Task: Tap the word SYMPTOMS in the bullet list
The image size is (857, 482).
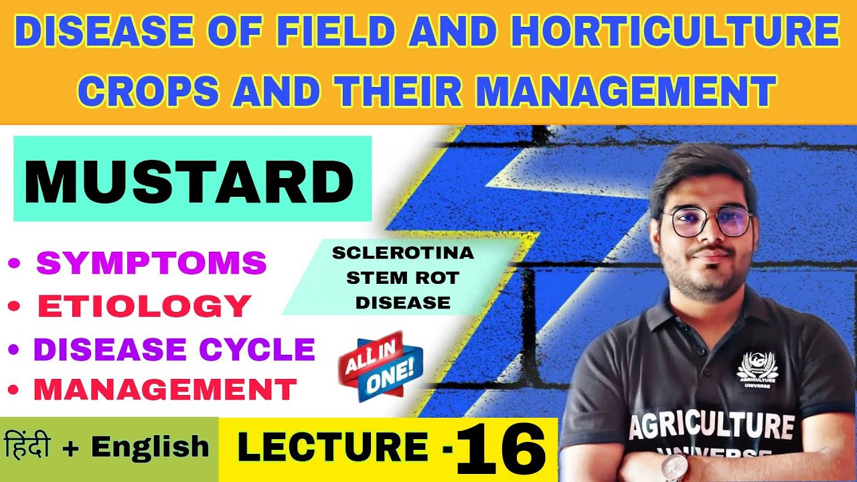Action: click(151, 263)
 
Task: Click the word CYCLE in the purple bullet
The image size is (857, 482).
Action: click(268, 349)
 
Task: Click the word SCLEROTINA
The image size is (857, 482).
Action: click(403, 254)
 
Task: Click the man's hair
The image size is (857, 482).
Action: click(696, 171)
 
